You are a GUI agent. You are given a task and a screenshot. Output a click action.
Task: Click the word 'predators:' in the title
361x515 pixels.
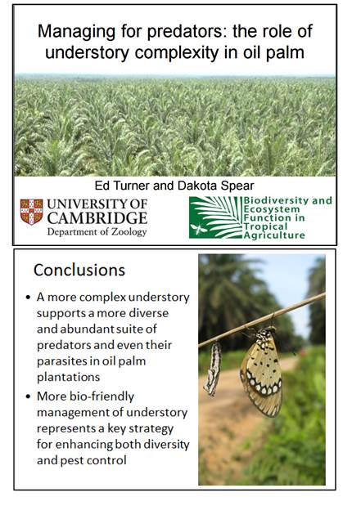(x=187, y=32)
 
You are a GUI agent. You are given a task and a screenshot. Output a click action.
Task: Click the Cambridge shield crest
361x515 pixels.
(x=31, y=212)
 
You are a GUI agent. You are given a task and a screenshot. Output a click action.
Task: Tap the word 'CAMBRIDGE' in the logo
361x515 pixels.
(x=97, y=218)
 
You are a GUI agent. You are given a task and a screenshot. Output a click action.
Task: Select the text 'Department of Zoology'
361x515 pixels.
(x=97, y=232)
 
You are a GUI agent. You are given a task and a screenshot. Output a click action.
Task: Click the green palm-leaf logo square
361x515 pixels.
(x=215, y=217)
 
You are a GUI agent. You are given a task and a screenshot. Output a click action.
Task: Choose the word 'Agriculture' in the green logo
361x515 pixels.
(x=274, y=235)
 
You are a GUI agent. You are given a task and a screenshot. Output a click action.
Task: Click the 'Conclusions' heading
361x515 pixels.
(x=79, y=270)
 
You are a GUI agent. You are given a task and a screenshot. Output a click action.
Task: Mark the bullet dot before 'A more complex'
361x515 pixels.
(x=28, y=298)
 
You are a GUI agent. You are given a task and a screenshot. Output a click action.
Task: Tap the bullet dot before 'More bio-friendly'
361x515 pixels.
(x=28, y=396)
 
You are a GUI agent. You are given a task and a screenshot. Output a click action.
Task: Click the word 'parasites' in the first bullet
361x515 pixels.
(x=61, y=361)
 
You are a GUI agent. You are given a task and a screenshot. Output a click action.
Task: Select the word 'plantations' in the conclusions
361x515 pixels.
(x=69, y=377)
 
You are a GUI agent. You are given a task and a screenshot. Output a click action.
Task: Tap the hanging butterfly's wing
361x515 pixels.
(x=261, y=374)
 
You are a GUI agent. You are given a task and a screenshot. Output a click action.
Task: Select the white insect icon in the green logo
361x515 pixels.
(x=199, y=228)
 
